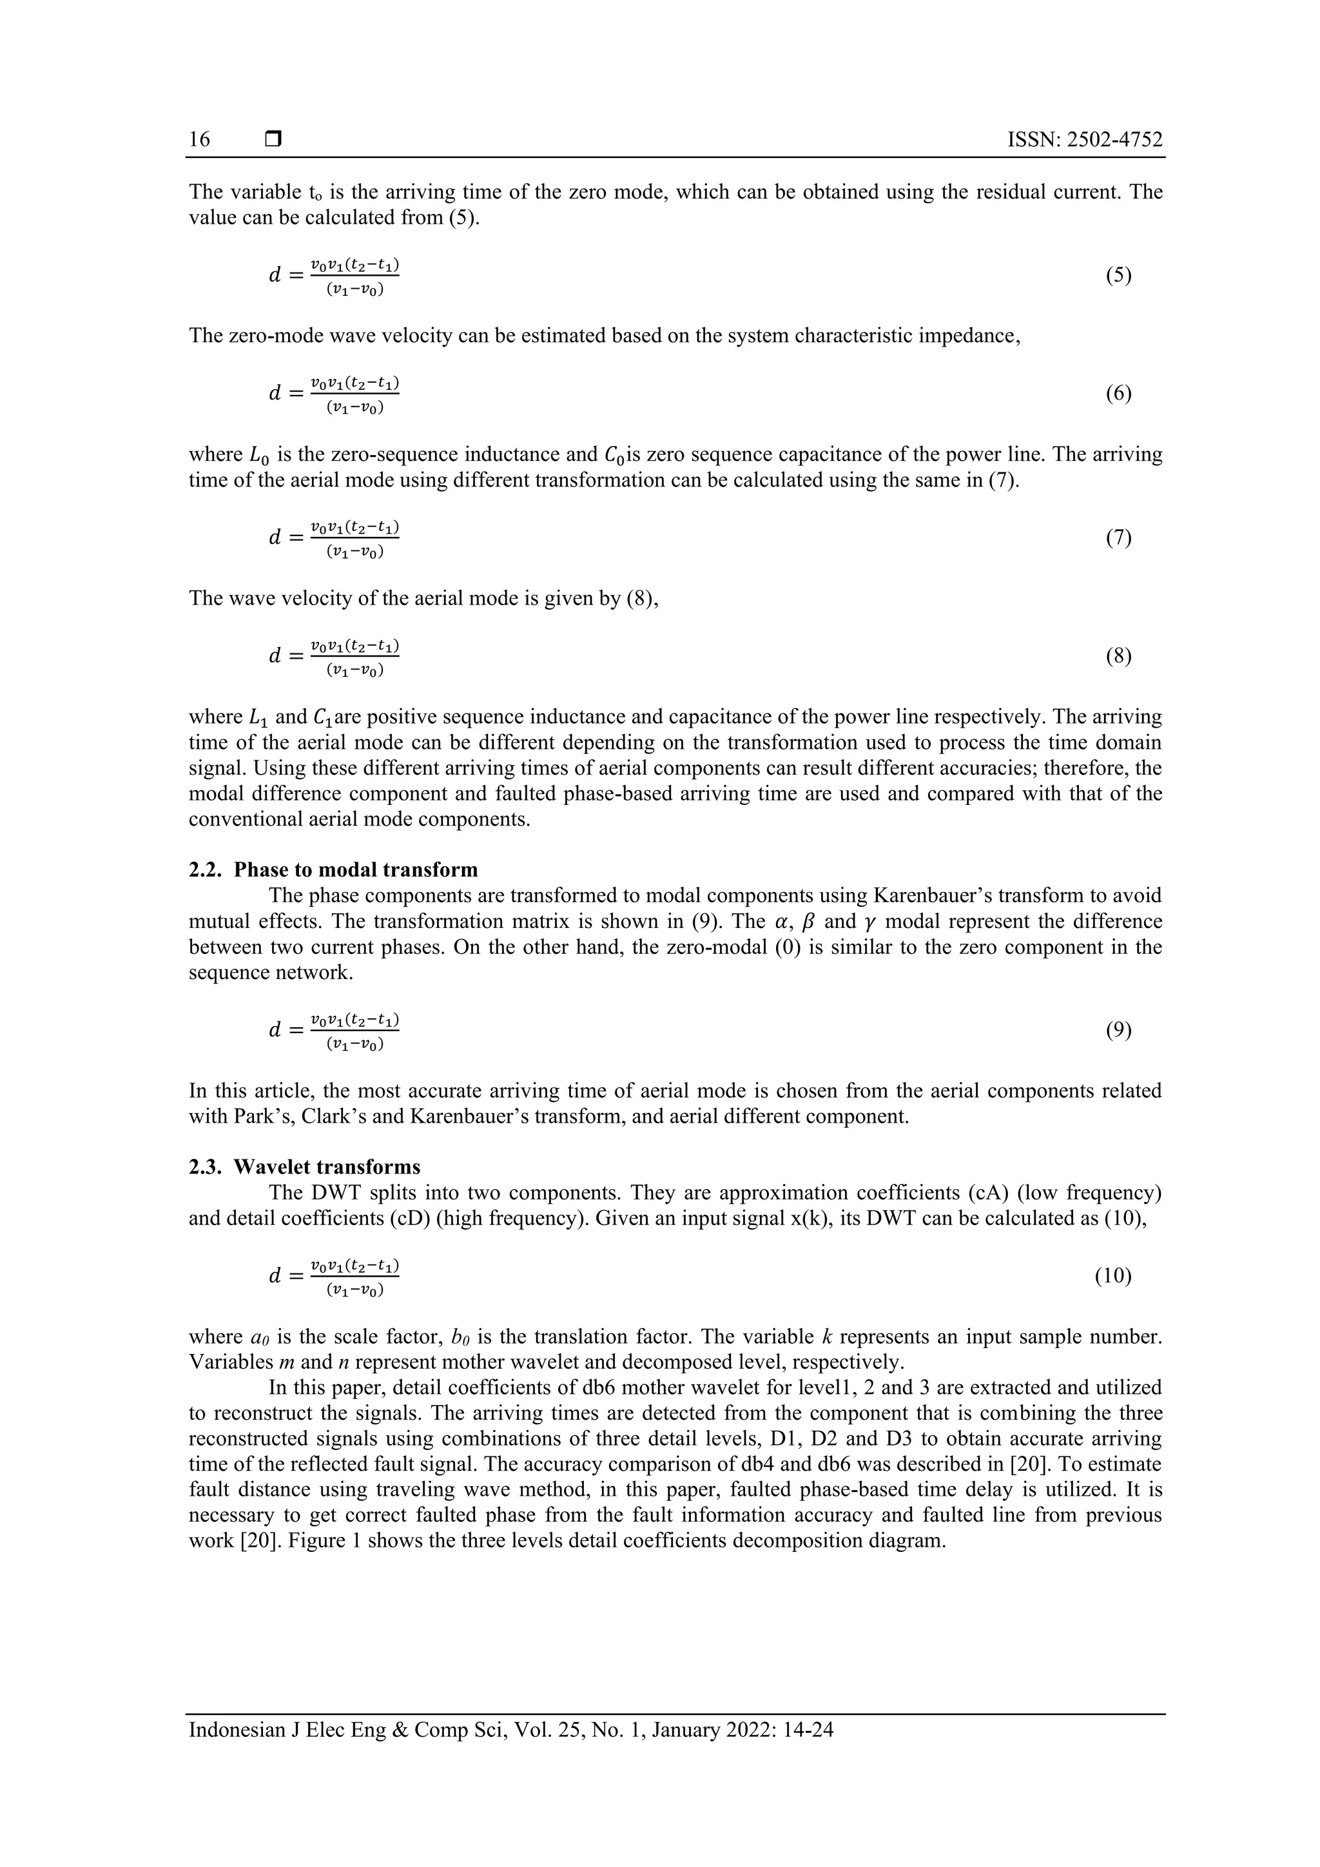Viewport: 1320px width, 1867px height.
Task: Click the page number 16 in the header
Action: point(199,140)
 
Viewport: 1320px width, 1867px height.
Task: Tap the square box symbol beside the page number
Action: point(273,140)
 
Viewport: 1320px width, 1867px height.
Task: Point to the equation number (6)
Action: point(1118,394)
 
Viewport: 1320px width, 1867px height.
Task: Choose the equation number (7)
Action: point(1118,537)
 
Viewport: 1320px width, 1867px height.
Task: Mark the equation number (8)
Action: point(1118,656)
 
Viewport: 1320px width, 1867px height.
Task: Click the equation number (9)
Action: point(1118,1030)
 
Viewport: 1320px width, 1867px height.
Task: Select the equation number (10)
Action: point(1112,1276)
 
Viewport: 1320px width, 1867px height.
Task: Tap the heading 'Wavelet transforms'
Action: point(327,1167)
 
